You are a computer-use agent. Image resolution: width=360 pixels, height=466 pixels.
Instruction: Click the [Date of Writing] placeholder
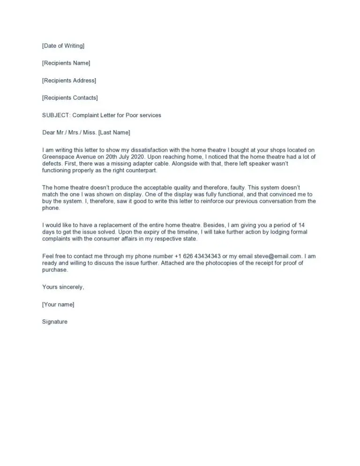[63, 46]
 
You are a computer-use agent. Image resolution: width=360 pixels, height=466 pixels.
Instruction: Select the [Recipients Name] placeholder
[66, 63]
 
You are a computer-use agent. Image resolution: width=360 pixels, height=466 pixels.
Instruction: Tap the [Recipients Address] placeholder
[69, 80]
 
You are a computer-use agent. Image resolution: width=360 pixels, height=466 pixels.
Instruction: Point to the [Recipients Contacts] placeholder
[70, 98]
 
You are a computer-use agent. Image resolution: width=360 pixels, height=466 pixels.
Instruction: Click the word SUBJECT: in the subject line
[55, 115]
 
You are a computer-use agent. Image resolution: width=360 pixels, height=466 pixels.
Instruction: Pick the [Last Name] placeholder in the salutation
[114, 133]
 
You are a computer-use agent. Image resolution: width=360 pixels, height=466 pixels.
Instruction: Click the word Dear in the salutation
[49, 133]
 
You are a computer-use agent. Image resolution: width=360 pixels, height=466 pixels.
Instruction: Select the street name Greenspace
[58, 157]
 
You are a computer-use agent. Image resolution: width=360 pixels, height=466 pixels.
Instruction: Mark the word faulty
[235, 188]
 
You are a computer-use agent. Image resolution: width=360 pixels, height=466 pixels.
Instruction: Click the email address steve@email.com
[277, 256]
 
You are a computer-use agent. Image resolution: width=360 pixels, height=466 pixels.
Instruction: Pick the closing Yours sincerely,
[63, 287]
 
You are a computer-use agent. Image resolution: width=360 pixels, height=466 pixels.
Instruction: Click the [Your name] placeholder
[58, 304]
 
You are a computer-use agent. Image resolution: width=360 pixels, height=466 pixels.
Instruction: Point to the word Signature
[55, 322]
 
